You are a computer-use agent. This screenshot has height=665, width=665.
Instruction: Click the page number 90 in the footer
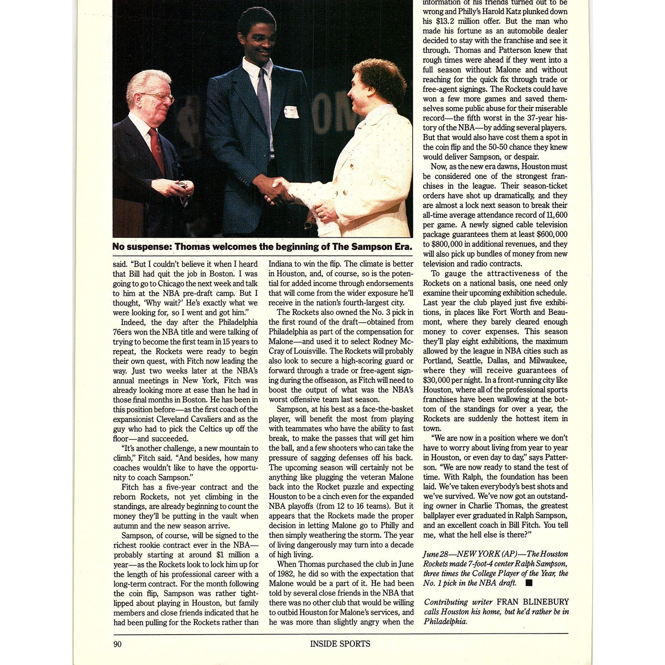point(117,644)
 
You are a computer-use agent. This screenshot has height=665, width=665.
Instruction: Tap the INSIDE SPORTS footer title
point(340,644)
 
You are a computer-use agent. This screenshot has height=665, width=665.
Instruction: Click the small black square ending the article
point(529,583)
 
